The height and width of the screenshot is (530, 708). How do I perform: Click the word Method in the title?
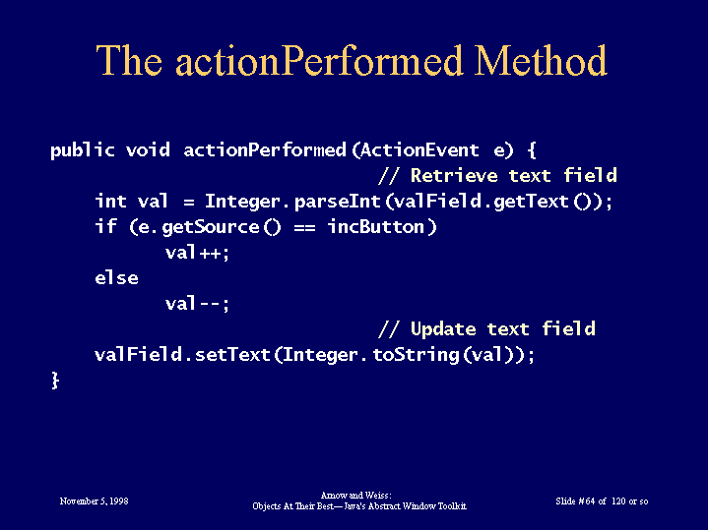(541, 60)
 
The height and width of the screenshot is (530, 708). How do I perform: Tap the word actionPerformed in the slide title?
(319, 60)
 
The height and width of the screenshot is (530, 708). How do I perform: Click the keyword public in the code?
(83, 150)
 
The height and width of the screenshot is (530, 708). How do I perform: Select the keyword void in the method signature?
(148, 149)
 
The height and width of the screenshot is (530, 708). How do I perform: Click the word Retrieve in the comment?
(454, 175)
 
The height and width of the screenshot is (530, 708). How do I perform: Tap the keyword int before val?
(110, 201)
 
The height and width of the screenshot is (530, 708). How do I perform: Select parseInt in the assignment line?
(338, 202)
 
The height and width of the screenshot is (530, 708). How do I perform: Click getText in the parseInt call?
(531, 202)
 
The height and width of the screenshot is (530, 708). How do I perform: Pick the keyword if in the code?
(106, 226)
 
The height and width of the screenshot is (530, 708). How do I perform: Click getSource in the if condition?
(211, 227)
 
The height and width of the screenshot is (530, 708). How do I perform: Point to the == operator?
(305, 227)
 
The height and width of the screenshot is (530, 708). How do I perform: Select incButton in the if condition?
(376, 226)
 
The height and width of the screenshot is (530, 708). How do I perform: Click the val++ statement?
(197, 253)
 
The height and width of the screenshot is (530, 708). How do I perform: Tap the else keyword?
(116, 277)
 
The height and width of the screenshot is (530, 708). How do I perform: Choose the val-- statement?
(197, 304)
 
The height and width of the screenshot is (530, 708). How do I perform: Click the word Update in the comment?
(443, 329)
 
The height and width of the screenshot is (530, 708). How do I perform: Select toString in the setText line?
(416, 355)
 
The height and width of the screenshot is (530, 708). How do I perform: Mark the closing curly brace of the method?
(55, 381)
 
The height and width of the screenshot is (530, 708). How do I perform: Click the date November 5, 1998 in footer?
(94, 501)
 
